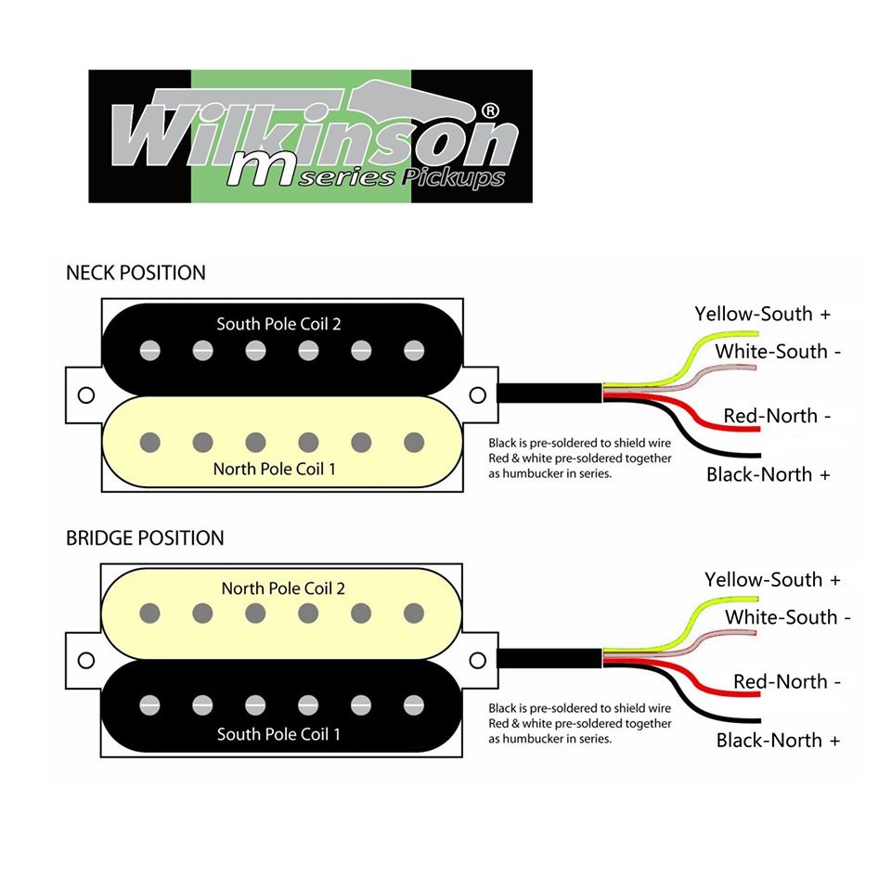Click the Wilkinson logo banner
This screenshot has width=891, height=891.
point(310,136)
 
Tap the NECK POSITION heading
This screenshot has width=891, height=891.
point(136,273)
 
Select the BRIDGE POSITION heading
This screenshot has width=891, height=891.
point(145,538)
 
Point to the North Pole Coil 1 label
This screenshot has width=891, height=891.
point(275,469)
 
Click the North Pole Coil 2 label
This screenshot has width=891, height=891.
point(283,588)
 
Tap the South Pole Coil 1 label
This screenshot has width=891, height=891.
point(278,734)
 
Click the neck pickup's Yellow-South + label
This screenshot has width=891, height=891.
point(762,314)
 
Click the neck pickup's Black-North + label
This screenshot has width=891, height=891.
point(768,474)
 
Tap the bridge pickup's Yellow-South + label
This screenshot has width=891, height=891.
point(772,580)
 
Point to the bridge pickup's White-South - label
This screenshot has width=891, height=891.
point(788,617)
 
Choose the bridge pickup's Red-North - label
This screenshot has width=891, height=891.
point(787,681)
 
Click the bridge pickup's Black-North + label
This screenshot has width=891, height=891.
point(778,741)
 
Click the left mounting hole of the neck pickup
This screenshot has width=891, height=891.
point(86,394)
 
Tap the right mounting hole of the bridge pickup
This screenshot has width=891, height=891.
point(478,660)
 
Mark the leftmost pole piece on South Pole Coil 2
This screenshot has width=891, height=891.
point(148,352)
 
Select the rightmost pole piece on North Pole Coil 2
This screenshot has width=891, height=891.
point(414,613)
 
